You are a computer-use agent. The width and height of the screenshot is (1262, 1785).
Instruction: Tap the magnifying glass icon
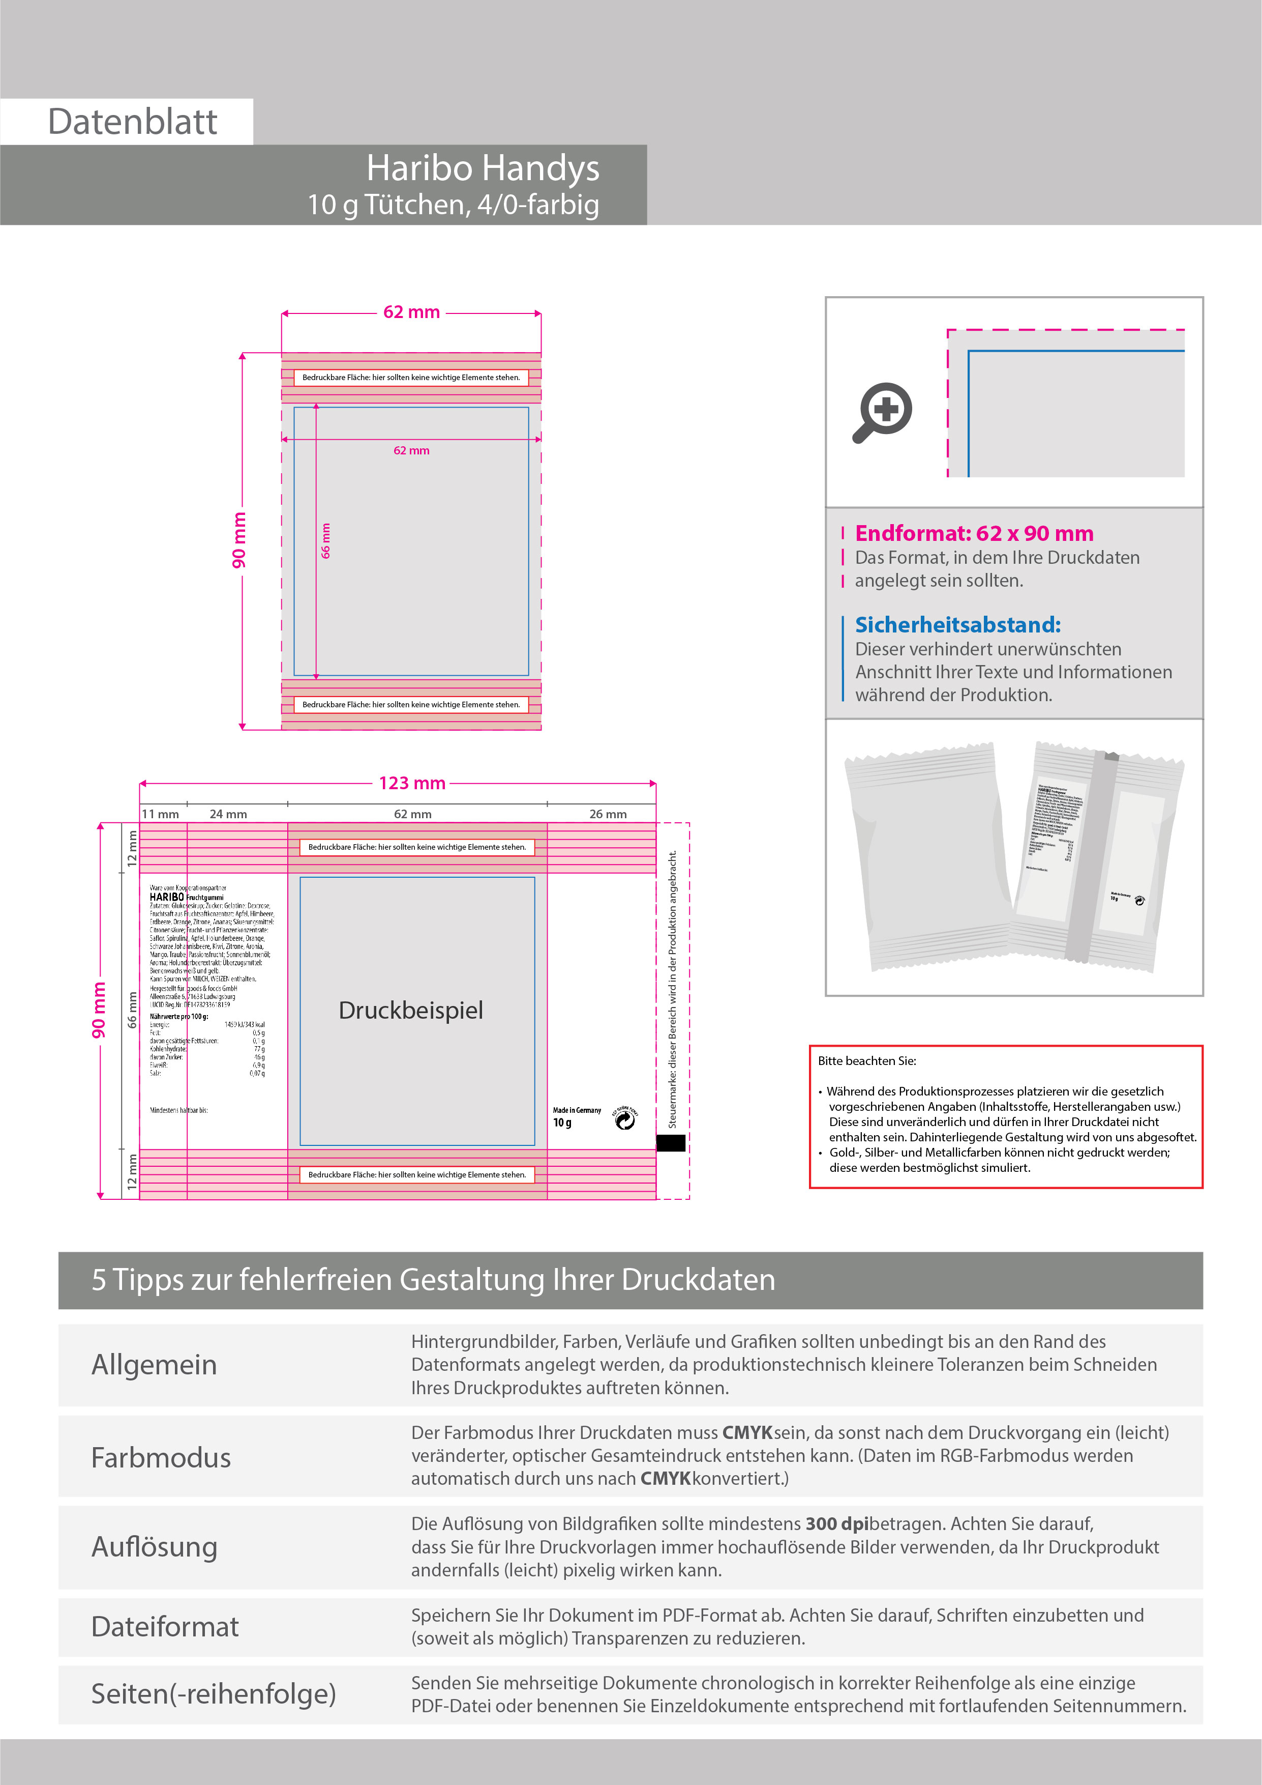pos(882,412)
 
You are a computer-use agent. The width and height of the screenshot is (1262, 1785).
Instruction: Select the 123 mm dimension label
pos(412,784)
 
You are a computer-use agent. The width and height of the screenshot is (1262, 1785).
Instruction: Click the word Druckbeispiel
pos(410,1010)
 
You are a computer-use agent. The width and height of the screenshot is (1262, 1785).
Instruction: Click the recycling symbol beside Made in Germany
pos(625,1119)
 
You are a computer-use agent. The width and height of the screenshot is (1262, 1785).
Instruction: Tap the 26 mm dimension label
pos(608,814)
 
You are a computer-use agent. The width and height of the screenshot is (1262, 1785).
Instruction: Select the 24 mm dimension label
pos(228,814)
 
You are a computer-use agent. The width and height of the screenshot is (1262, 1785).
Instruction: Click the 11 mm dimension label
pos(160,814)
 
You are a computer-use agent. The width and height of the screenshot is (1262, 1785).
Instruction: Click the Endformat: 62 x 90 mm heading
pos(974,533)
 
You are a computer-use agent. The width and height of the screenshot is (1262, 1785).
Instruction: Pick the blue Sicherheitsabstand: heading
pos(957,624)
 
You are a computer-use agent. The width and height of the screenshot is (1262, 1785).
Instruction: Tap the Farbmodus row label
pos(161,1458)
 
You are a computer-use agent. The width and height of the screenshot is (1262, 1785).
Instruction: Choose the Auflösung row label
pos(154,1547)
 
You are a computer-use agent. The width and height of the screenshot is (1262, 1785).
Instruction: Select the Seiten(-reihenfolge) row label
pos(214,1693)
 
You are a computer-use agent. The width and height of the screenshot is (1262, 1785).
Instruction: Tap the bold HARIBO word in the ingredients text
pos(166,897)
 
